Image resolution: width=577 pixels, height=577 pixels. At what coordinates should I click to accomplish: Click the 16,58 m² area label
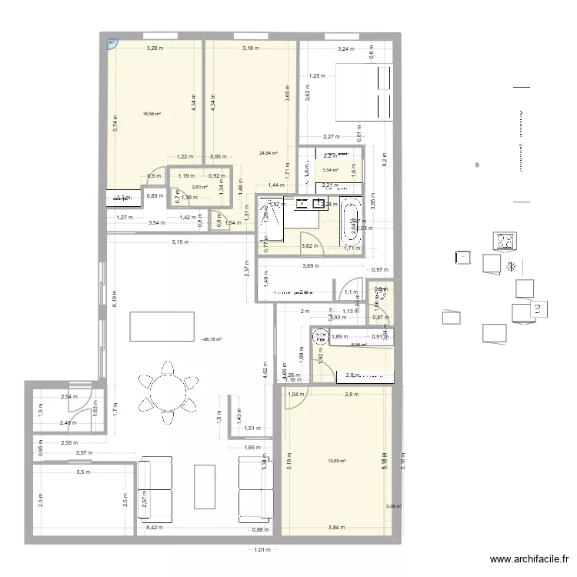pos(152,114)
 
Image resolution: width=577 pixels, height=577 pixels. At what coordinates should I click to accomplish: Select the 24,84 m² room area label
pos(268,153)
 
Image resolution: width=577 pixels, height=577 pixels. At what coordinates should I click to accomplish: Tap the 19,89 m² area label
pos(336,461)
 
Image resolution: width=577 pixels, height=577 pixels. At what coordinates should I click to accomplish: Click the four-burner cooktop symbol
pos(506,242)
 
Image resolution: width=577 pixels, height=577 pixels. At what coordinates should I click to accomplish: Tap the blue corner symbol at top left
pos(112,44)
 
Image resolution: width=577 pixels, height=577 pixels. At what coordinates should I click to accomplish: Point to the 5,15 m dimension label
pos(180,243)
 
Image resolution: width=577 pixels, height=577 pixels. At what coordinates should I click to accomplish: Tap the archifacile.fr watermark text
pos(530,560)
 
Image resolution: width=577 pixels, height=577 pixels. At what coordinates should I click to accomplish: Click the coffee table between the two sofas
pos(205,488)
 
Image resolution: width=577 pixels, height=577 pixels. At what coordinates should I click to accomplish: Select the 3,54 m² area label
pos(331,170)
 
